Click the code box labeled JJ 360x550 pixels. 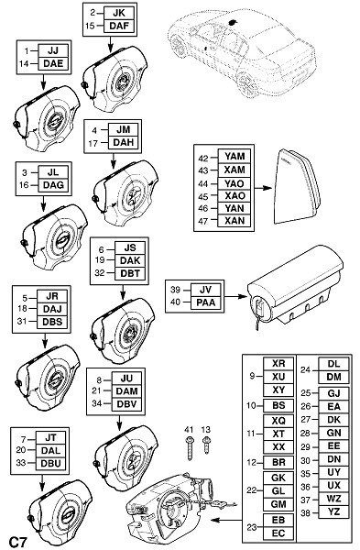point(53,50)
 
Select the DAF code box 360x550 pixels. point(119,26)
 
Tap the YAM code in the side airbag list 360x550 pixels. point(235,157)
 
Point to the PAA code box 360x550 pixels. point(206,302)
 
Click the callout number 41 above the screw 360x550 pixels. point(189,430)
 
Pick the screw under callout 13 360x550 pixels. point(206,445)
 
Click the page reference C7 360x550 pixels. point(17,542)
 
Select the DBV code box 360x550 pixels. point(126,404)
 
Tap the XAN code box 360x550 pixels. point(235,221)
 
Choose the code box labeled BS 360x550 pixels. point(278,406)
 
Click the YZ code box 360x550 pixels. point(333,511)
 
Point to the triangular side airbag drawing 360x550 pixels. point(297,187)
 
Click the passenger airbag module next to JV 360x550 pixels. point(295,288)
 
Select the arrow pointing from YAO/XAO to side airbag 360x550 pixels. point(263,188)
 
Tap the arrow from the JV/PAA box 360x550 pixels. point(235,296)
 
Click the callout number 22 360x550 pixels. point(252,490)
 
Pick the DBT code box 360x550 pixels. point(130,273)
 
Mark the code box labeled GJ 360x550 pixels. point(333,393)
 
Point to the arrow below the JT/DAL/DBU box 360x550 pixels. point(42,484)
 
